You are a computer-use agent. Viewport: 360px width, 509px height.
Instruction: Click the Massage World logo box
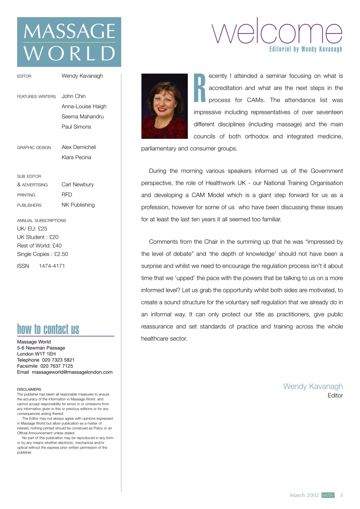tap(69, 42)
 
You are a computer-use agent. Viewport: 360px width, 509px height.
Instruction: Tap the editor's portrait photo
tap(164, 106)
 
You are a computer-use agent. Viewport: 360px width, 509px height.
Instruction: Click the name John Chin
tap(74, 96)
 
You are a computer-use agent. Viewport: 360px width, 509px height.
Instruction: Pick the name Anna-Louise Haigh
tap(84, 107)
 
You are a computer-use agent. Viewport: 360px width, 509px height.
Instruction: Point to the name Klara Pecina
tap(76, 157)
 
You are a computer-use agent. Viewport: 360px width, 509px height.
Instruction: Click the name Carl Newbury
tap(78, 185)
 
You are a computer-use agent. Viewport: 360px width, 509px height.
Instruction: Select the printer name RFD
tap(67, 195)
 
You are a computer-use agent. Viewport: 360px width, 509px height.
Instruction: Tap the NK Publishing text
tap(78, 205)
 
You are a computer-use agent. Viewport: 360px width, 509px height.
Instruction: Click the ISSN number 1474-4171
tap(52, 266)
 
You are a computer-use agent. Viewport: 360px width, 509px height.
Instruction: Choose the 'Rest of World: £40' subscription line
tap(39, 245)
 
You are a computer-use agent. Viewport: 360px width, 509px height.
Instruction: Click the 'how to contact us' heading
tap(48, 330)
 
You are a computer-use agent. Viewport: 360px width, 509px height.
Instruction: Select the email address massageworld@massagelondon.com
tap(72, 372)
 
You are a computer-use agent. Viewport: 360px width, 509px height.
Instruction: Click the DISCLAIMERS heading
tap(29, 389)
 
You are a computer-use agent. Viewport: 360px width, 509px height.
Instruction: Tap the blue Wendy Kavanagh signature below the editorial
tap(313, 386)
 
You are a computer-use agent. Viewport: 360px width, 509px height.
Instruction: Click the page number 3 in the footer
tap(341, 495)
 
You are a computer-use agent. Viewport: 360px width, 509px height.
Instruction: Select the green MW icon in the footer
tap(328, 495)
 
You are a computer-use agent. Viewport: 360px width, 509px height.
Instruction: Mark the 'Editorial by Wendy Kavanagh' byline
tap(306, 49)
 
